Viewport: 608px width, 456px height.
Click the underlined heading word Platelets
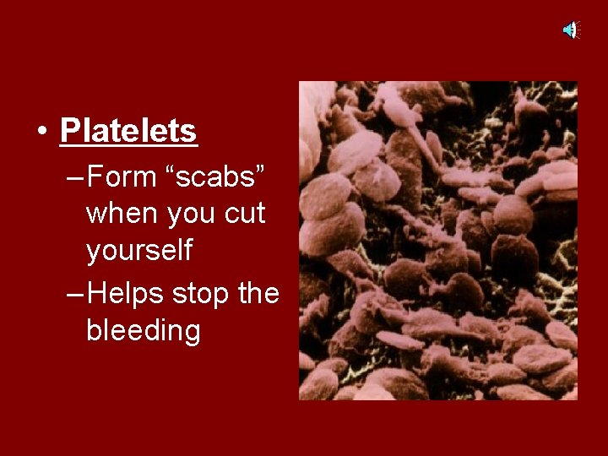tap(128, 131)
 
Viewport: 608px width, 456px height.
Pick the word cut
tap(245, 214)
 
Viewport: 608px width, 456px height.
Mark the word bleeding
tap(144, 332)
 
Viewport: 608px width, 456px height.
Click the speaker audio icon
tap(571, 30)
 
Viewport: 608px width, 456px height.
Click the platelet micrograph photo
tap(437, 241)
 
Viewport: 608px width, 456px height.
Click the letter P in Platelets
tap(69, 131)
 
